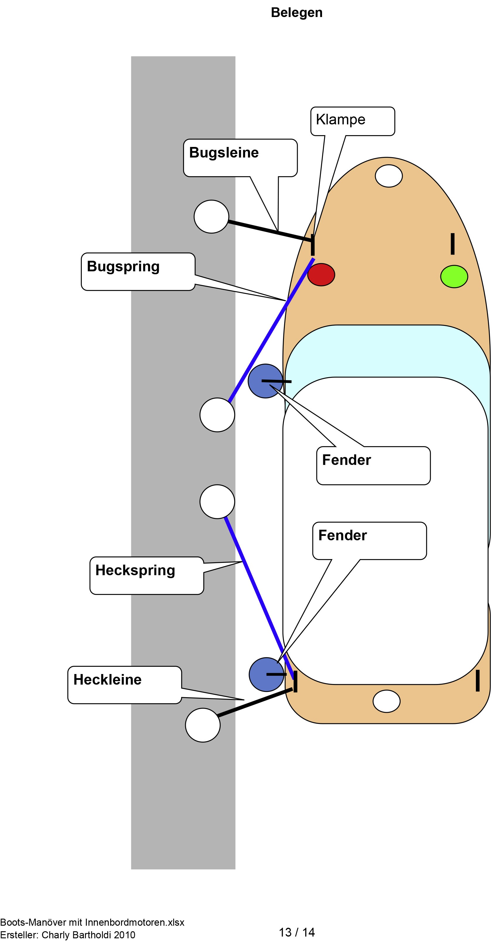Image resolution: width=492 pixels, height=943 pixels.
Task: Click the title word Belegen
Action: click(296, 12)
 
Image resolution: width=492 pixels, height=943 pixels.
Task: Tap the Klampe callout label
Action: click(340, 120)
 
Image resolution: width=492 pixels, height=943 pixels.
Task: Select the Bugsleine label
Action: click(224, 153)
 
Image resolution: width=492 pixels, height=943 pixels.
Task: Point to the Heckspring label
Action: click(135, 570)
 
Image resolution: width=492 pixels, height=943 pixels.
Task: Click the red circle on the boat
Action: click(321, 275)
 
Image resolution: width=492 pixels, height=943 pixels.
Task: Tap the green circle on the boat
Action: click(454, 276)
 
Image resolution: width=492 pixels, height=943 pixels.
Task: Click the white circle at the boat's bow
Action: click(389, 176)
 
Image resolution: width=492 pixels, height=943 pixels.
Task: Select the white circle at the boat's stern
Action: click(386, 701)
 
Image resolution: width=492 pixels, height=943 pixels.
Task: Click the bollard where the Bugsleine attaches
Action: click(211, 216)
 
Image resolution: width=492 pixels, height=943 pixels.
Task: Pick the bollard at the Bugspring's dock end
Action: click(217, 415)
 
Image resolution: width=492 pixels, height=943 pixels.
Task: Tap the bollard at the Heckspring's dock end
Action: click(217, 502)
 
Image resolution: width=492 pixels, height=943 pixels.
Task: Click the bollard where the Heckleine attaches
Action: click(203, 725)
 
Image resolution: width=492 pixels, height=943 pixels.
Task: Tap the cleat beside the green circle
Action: click(452, 243)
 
